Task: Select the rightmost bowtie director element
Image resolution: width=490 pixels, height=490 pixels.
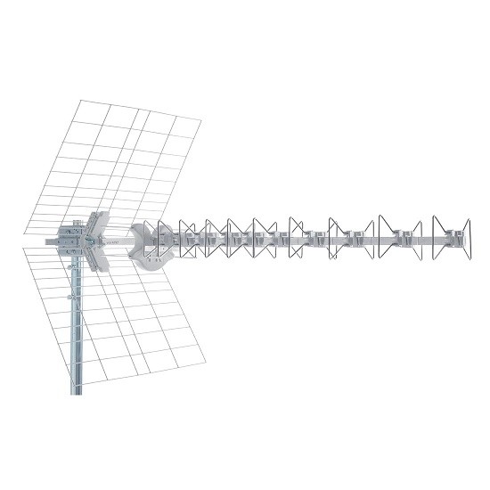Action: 451,238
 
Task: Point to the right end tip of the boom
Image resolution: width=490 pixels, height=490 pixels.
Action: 469,239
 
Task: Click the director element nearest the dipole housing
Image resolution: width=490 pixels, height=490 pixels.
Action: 164,239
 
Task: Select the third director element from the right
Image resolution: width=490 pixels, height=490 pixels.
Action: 347,238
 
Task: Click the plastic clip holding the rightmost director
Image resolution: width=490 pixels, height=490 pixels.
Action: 456,239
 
